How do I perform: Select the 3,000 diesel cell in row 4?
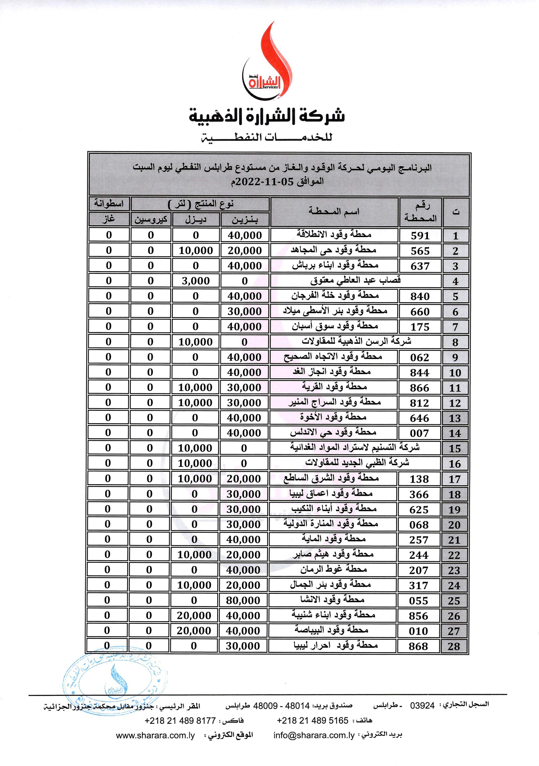(x=196, y=281)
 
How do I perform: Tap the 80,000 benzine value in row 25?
(x=243, y=601)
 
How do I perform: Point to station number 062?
(x=420, y=357)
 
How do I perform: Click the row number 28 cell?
(x=454, y=646)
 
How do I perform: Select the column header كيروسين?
(x=151, y=219)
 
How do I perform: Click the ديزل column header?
(x=196, y=219)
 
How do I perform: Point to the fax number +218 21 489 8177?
(x=180, y=721)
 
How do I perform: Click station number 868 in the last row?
(x=418, y=646)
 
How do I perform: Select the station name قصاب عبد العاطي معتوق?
(x=355, y=280)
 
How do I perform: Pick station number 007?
(x=419, y=433)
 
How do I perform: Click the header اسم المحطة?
(x=334, y=212)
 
